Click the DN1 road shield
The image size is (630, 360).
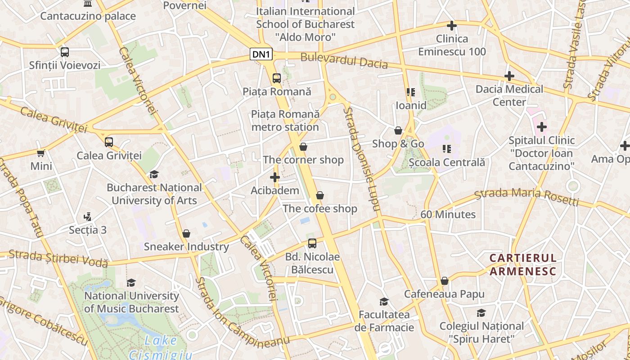[x=261, y=54]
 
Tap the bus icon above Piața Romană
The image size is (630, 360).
[x=277, y=78]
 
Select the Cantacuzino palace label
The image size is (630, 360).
[x=88, y=16]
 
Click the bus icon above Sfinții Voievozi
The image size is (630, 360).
[x=65, y=52]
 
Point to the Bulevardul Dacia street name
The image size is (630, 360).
[x=344, y=60]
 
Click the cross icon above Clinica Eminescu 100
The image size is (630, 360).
[x=452, y=26]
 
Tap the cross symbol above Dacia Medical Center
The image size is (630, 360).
[x=509, y=76]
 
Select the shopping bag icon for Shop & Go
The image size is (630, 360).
[x=398, y=130]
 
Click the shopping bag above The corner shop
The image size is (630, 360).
[x=303, y=147]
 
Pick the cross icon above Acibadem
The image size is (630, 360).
[x=275, y=177]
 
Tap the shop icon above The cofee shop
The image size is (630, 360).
[x=320, y=195]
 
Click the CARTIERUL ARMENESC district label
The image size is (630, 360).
[x=523, y=265]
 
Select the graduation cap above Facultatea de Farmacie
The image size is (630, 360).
[x=384, y=301]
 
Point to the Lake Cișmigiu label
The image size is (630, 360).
[x=161, y=347]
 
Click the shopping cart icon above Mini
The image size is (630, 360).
[x=41, y=153]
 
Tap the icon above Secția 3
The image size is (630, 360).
[x=88, y=217]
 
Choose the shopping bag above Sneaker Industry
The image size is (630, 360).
[x=186, y=234]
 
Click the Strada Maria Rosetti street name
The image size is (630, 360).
[x=527, y=197]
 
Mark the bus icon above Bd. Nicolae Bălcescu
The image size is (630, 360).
[x=312, y=243]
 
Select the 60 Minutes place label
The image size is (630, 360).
[x=448, y=214]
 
